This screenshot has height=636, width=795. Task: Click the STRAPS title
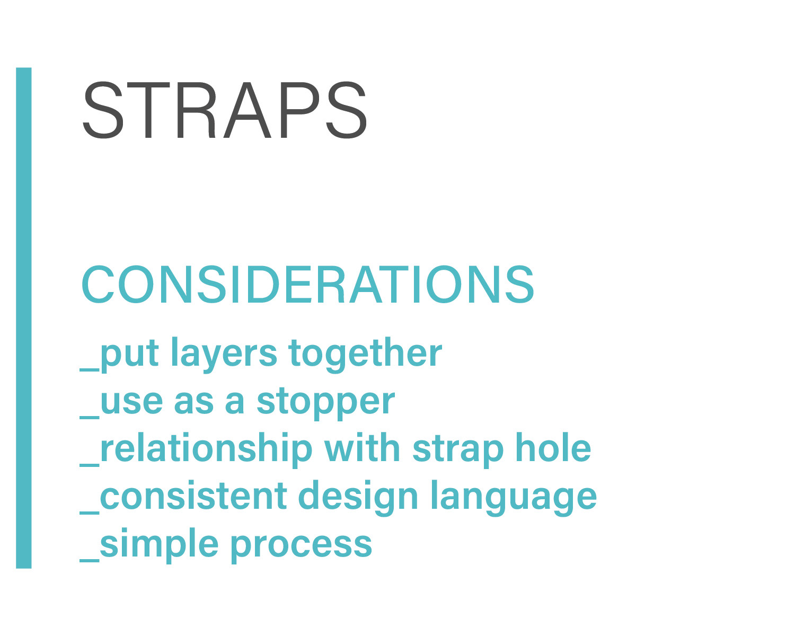[x=225, y=110]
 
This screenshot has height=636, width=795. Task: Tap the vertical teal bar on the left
[x=24, y=318]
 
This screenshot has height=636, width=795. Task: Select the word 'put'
[x=129, y=354]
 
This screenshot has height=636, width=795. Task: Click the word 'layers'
[x=224, y=355]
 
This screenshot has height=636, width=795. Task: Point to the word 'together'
[x=365, y=354]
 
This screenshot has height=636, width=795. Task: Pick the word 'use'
[x=131, y=402]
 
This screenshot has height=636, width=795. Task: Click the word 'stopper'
[x=326, y=403]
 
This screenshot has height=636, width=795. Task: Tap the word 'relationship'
[x=206, y=449]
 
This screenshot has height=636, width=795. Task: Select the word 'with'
[x=362, y=447]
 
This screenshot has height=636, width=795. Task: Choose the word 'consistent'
[x=193, y=496]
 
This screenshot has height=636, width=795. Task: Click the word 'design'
[x=358, y=498]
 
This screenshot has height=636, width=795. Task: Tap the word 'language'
[x=514, y=498]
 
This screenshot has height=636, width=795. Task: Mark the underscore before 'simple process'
[x=90, y=560]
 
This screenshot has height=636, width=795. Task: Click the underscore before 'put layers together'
[x=90, y=369]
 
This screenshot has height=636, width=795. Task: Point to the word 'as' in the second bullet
[x=194, y=402]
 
